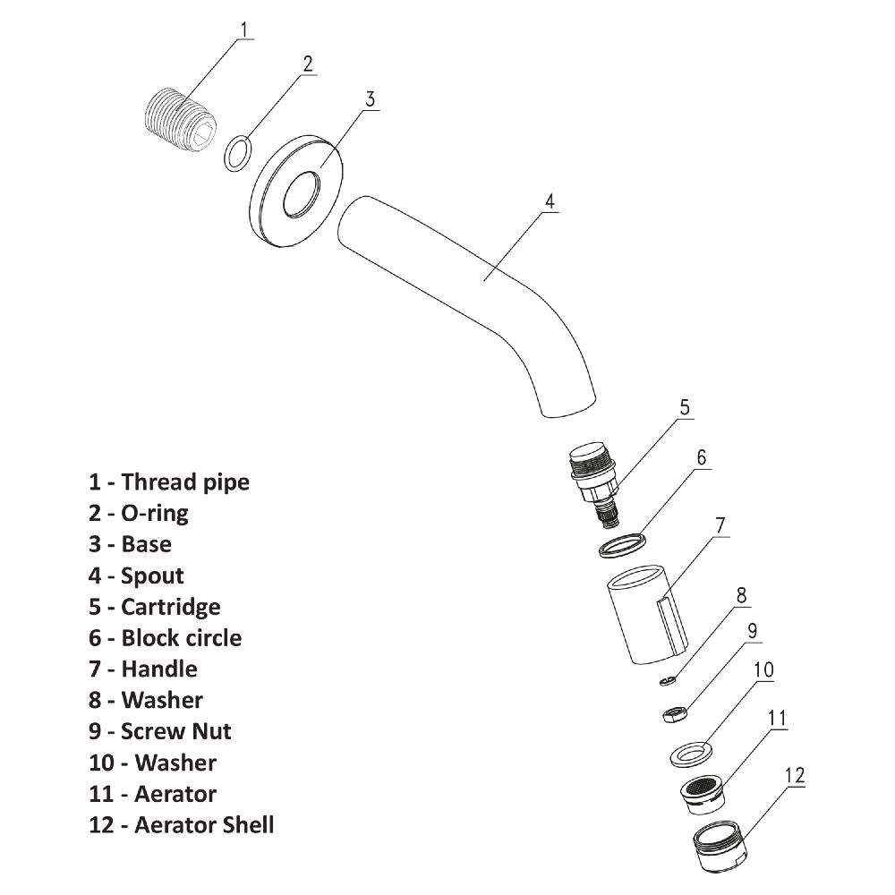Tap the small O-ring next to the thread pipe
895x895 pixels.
(235, 153)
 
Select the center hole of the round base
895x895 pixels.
(301, 196)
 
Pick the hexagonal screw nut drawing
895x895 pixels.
(672, 713)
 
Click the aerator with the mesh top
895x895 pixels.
(702, 793)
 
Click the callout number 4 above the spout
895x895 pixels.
(550, 200)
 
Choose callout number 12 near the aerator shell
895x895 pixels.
(794, 775)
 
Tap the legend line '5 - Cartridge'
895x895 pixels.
(154, 607)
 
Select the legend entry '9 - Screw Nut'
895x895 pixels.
(159, 731)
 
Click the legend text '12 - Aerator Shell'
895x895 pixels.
(181, 824)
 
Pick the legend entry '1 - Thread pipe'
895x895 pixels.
(168, 482)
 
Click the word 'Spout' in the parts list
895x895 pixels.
(152, 575)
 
